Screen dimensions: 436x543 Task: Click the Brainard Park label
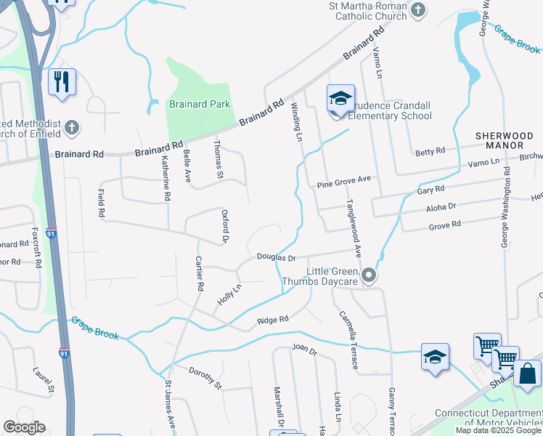pos(199,104)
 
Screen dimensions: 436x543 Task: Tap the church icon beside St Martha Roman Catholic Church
pos(417,10)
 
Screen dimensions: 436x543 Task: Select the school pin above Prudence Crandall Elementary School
pos(340,98)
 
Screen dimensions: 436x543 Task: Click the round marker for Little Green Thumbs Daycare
pos(370,275)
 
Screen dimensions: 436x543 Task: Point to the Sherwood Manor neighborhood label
pos(504,141)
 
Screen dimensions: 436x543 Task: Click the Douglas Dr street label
pos(276,257)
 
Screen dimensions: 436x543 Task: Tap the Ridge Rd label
pos(273,319)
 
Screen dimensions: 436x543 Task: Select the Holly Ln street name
pos(229,294)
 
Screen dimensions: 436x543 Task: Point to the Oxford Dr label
pos(225,226)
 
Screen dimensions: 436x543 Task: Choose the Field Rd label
pos(101,203)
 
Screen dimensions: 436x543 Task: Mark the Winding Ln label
pos(296,121)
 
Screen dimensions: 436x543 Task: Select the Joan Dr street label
pos(305,350)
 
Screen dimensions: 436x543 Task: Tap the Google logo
pos(23,427)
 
